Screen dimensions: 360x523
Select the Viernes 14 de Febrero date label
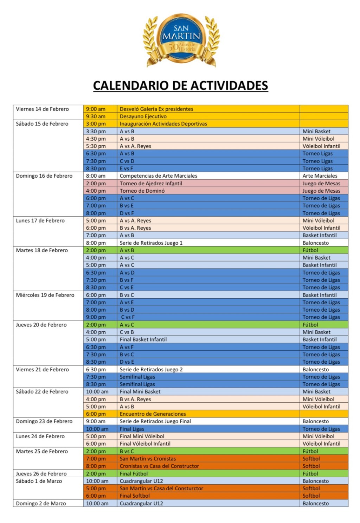[x=42, y=109]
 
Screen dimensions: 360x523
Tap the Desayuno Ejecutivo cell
[x=143, y=116]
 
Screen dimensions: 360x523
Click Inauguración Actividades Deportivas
[x=163, y=124]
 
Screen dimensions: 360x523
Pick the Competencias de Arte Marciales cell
[x=158, y=176]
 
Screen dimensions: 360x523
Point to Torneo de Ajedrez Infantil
[x=151, y=183]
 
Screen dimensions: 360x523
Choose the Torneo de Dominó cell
[x=142, y=191]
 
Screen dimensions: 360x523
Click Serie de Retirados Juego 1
[x=151, y=243]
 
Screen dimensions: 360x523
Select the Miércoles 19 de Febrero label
[x=45, y=295]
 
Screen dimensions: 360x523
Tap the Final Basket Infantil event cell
[x=143, y=339]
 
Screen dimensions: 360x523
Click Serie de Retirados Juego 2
[x=151, y=369]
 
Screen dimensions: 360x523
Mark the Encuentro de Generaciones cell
[x=153, y=414]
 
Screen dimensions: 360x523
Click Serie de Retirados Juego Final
[x=155, y=421]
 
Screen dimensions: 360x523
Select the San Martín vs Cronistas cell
[x=148, y=459]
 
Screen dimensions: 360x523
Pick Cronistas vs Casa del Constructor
[x=159, y=466]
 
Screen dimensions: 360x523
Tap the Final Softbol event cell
[x=135, y=496]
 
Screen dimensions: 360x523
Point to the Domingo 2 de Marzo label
[x=41, y=503]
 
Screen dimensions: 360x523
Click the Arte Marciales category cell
[x=320, y=176]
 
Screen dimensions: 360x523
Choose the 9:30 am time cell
[x=96, y=116]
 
